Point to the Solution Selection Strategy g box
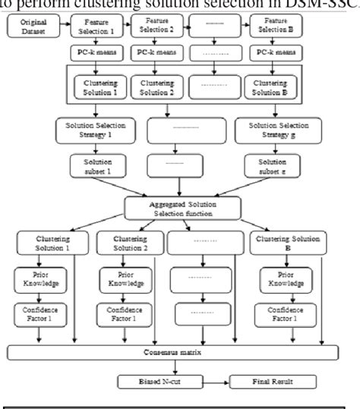click(271, 129)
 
